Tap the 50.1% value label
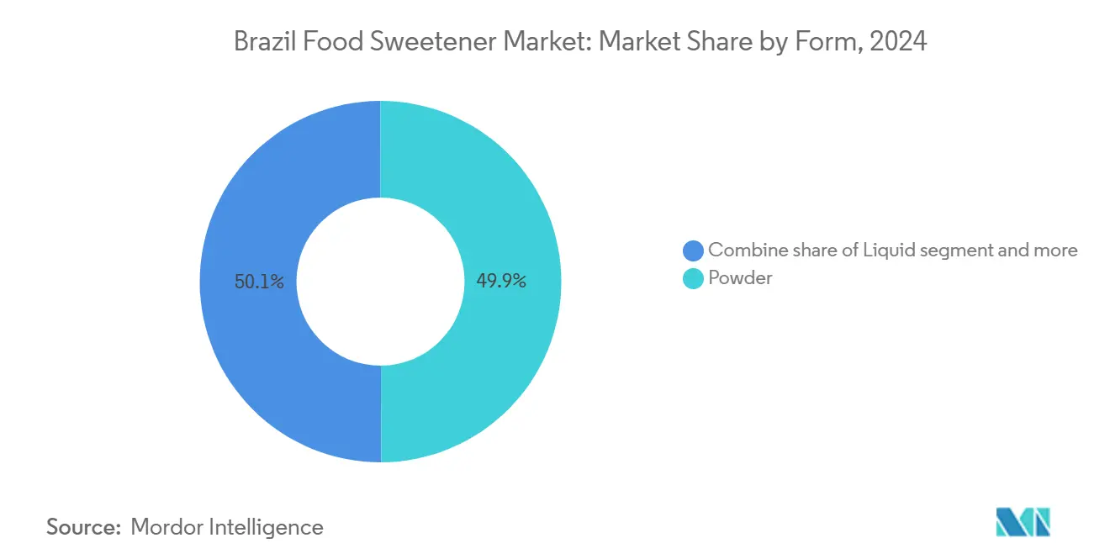259,282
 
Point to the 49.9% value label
501,282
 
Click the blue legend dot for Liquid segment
693,250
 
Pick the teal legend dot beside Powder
693,278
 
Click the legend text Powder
740,278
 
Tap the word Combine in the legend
743,250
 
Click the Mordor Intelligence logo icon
1023,522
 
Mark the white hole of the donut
380,282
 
